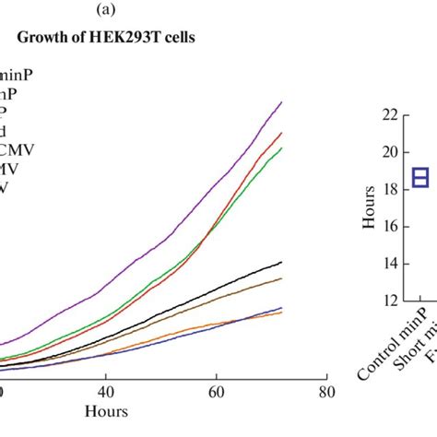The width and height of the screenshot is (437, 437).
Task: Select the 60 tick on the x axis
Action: pos(217,392)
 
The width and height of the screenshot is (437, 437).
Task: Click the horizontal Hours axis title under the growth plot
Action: pos(107,411)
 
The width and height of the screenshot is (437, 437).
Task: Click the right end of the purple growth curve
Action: pos(282,101)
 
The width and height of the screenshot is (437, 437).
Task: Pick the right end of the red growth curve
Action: pos(282,133)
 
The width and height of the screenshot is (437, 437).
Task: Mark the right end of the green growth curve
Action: pos(282,148)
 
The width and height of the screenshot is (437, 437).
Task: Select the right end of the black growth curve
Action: pos(282,262)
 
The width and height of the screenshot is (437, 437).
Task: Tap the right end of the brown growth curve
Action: pos(282,278)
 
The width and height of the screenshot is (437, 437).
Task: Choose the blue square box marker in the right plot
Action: pos(420,177)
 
